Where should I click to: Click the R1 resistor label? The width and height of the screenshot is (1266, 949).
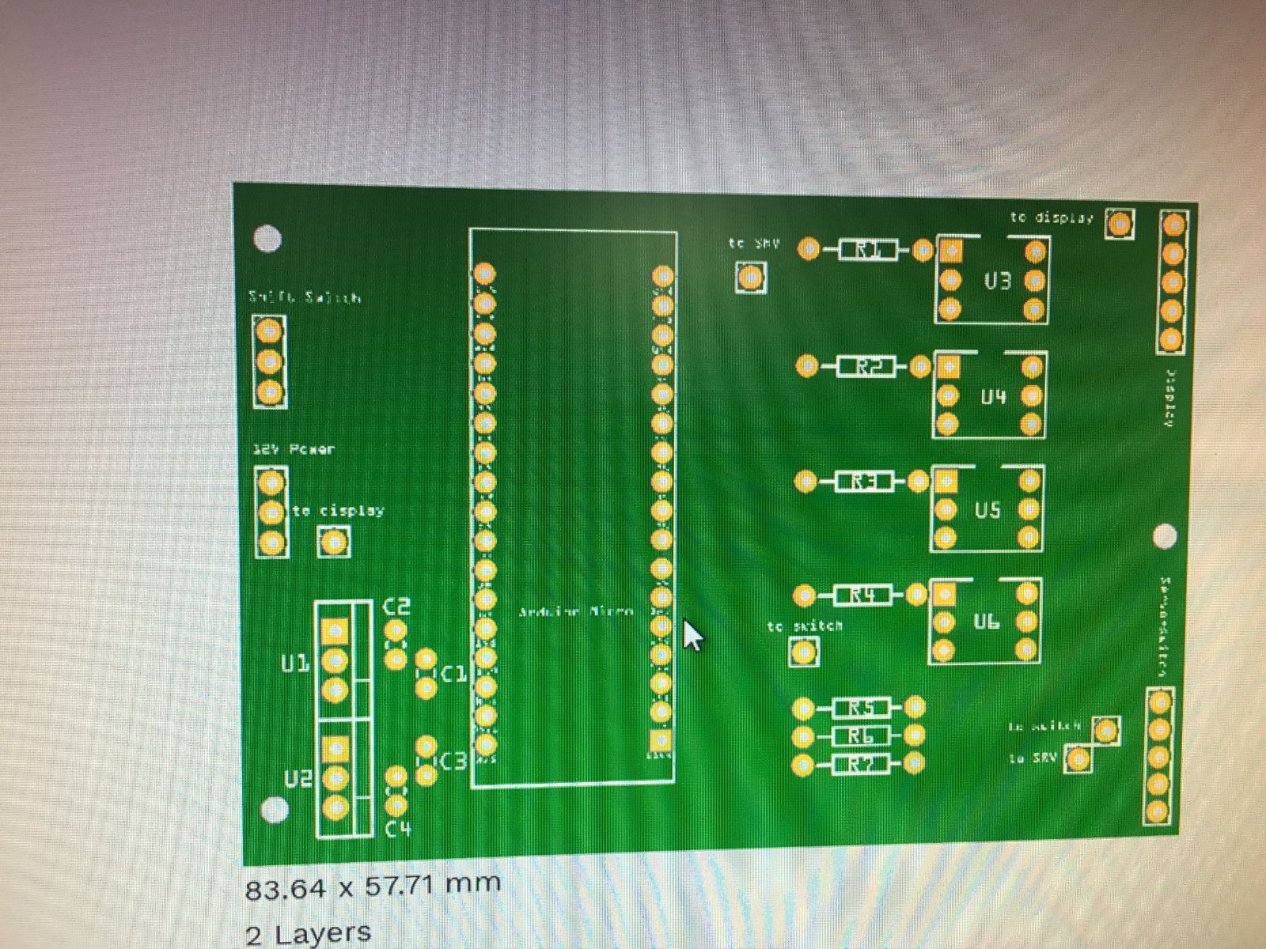(866, 251)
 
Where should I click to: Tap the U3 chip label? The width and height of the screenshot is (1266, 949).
(997, 281)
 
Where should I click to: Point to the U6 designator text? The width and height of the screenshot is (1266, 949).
(986, 622)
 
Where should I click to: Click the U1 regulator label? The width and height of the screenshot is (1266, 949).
(294, 664)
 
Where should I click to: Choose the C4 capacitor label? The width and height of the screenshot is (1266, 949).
(398, 829)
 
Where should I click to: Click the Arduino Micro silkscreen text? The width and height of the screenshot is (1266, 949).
(575, 611)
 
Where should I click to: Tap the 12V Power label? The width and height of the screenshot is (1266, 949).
(293, 449)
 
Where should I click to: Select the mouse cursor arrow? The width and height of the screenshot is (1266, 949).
(692, 634)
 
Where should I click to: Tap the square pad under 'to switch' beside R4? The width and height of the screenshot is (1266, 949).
(804, 652)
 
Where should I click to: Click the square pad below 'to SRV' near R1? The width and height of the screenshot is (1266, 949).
(750, 278)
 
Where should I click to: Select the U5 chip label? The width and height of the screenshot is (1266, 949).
(987, 510)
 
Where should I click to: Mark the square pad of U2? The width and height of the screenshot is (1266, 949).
(335, 748)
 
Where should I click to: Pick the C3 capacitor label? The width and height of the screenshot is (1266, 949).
(453, 762)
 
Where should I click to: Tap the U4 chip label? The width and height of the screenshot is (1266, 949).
(993, 396)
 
